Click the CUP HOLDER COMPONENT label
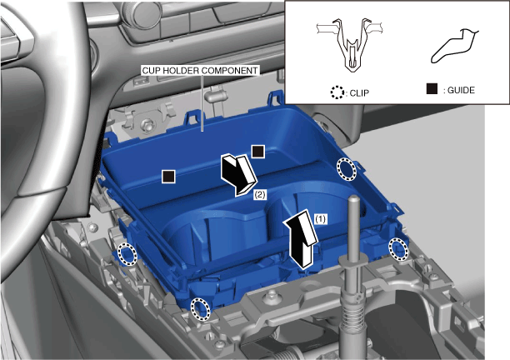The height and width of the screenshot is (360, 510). click(x=200, y=71)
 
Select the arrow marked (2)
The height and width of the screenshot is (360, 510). click(x=239, y=175)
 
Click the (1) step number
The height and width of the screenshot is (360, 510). click(x=320, y=219)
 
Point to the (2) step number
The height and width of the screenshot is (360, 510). click(x=260, y=195)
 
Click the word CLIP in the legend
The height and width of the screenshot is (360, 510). click(x=359, y=93)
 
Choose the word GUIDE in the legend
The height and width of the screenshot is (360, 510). click(x=461, y=90)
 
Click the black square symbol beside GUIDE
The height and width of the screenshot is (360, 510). click(x=432, y=89)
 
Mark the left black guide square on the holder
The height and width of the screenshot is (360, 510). click(x=168, y=177)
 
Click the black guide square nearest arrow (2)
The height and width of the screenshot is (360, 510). click(x=258, y=152)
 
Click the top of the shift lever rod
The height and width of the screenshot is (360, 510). click(x=354, y=197)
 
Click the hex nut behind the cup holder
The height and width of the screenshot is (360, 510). click(x=147, y=124)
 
